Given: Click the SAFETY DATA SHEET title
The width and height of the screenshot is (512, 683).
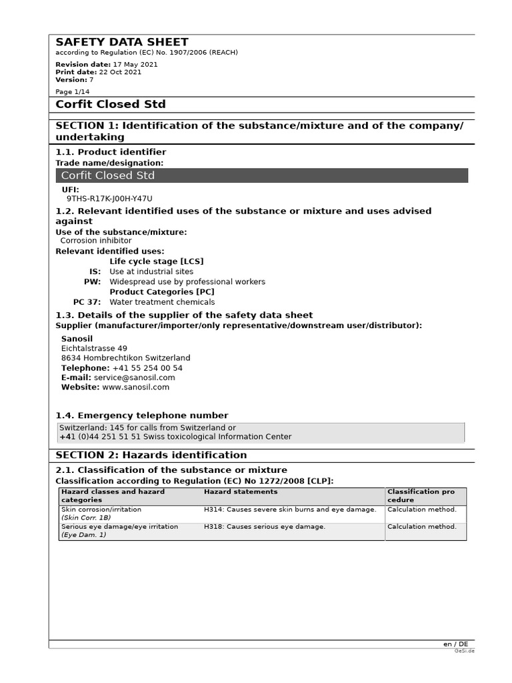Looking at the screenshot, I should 122,42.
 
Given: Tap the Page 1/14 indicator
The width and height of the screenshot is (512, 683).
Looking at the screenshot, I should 72,92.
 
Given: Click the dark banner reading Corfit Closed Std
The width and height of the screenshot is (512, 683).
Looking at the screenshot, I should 261,175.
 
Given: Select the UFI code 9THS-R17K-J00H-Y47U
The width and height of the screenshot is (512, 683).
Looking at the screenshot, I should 109,199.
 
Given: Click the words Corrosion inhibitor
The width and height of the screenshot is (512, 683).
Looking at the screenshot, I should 96,241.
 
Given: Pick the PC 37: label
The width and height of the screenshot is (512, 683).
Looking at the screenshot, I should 87,302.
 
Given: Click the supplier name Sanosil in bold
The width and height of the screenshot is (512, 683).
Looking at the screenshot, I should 77,338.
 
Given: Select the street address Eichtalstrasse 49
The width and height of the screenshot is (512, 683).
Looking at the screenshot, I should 94,348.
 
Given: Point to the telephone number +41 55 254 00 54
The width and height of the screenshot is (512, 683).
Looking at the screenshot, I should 147,368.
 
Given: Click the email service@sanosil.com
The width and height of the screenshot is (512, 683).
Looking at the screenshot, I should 134,378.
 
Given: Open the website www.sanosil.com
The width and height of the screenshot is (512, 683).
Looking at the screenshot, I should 135,387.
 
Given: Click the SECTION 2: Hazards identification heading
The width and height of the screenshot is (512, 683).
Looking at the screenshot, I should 151,455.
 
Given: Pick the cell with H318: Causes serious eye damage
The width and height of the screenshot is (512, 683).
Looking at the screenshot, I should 265,527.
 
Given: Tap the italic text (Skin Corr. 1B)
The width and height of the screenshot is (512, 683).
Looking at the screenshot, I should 87,518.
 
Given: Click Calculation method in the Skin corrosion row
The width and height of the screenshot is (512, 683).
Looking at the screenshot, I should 422,510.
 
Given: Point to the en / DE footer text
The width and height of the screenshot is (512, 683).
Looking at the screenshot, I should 455,644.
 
